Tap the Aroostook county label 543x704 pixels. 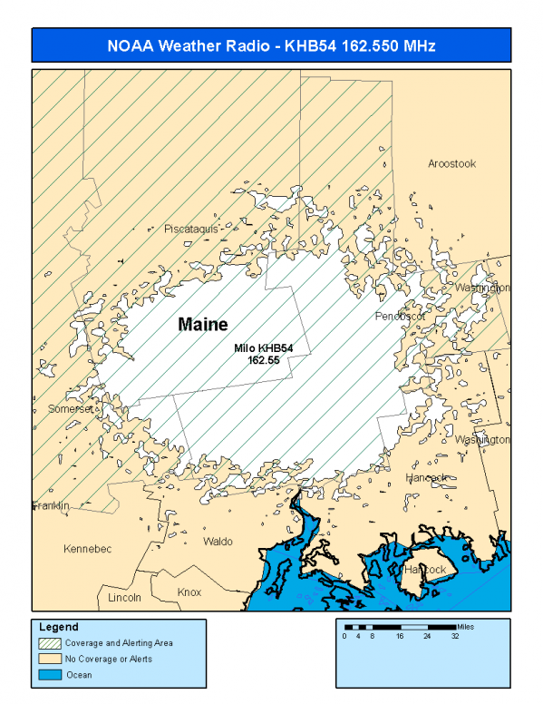[x=451, y=163]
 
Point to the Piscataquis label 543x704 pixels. [x=191, y=230]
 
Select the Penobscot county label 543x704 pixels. [x=401, y=317]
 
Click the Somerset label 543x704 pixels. [x=72, y=409]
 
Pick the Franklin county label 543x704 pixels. [x=52, y=505]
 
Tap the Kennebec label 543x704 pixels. [x=87, y=549]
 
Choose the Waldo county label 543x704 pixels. [x=218, y=542]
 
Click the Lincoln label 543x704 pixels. [x=124, y=598]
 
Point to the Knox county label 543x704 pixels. [x=189, y=592]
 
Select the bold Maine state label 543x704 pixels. [x=203, y=324]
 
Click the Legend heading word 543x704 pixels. [x=60, y=627]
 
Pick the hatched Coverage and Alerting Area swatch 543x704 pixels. [x=50, y=642]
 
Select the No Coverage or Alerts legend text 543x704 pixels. [x=109, y=659]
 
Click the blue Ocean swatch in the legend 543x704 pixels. [x=50, y=674]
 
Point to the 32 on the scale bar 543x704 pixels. [x=454, y=637]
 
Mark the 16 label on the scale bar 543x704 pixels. [x=399, y=637]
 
